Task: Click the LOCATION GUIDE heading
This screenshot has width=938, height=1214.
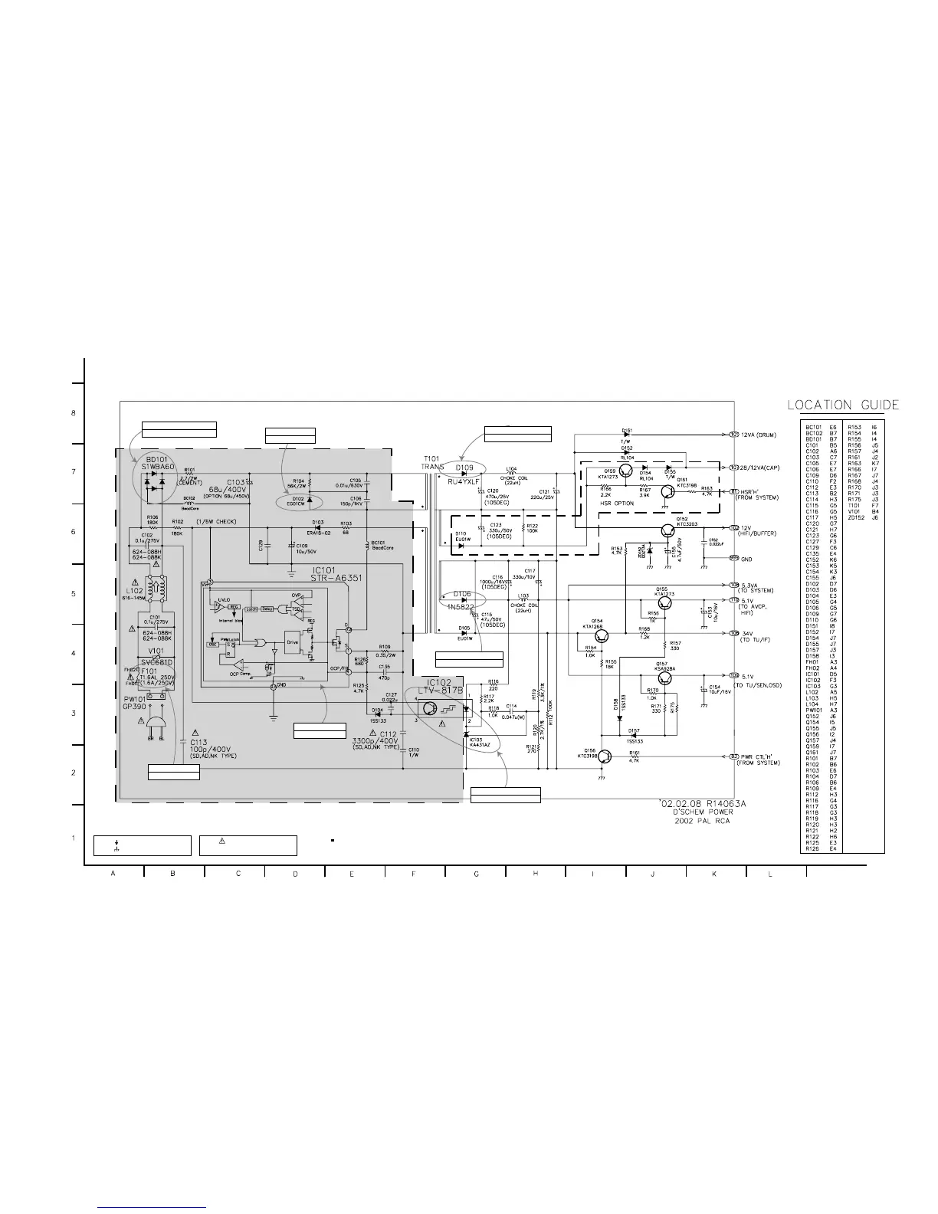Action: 843,405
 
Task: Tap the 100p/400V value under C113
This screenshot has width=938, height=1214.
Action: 213,750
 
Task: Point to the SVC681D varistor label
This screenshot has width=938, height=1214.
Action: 157,662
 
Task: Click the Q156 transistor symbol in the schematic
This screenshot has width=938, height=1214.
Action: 605,757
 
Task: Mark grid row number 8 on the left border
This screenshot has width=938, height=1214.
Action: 73,413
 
